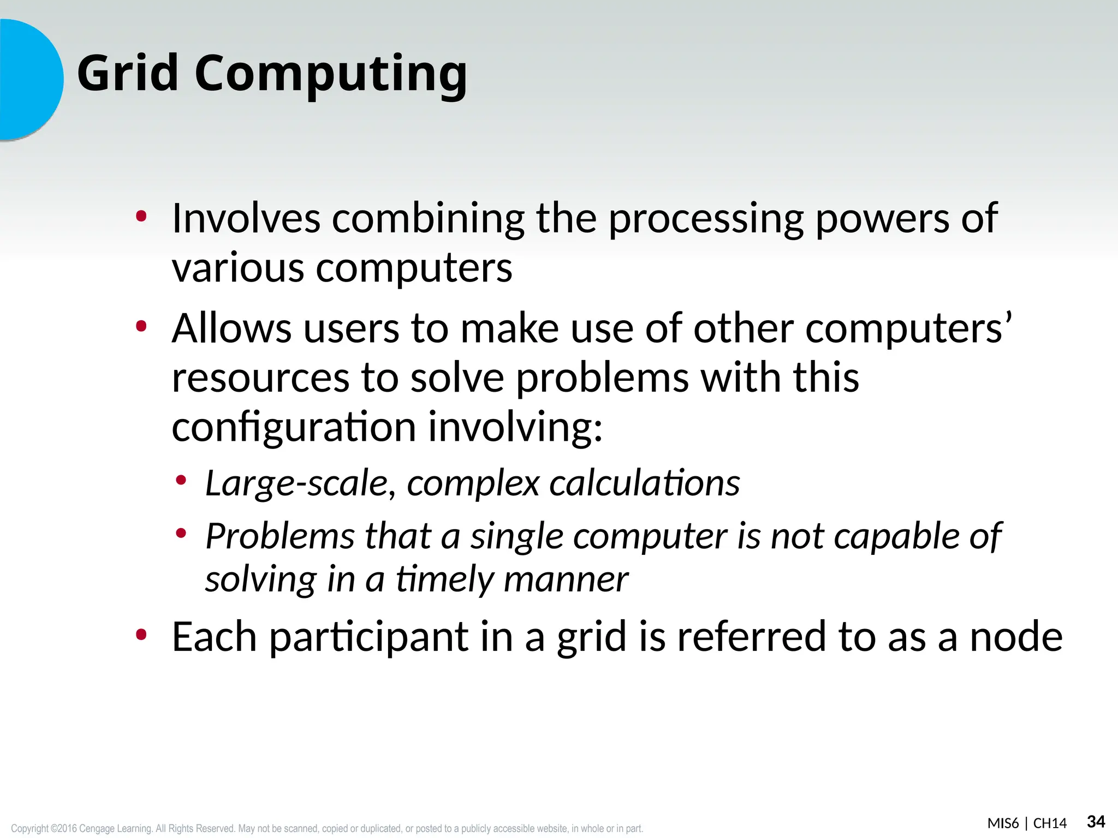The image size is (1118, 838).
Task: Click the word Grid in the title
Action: click(128, 73)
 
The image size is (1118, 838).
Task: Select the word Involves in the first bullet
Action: click(246, 218)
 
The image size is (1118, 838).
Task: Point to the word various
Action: click(237, 268)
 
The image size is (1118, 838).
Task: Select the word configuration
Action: click(294, 427)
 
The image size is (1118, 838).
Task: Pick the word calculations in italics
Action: click(644, 483)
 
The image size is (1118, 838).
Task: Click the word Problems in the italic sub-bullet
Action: click(280, 536)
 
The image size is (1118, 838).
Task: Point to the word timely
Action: click(444, 579)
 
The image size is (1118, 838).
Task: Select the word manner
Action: click(566, 579)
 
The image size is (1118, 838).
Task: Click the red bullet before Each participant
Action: click(141, 635)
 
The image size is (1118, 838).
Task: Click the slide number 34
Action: click(1096, 822)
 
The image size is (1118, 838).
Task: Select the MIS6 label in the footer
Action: click(1003, 823)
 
